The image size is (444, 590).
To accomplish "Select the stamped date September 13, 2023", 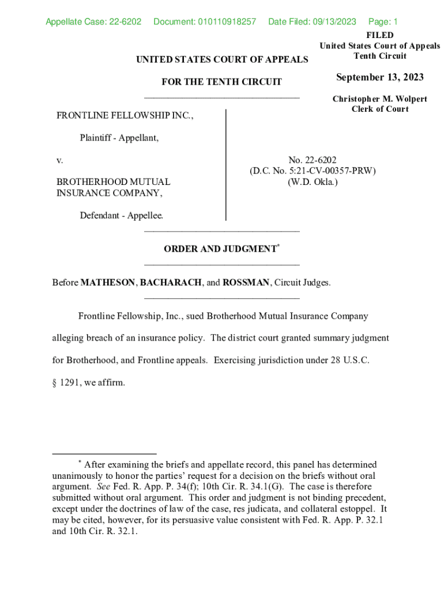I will point(379,78).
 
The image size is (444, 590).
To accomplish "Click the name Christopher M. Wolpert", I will point(379,99).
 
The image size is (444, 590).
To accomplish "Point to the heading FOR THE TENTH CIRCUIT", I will point(221,82).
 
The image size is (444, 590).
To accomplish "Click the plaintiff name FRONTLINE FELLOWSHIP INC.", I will point(125,116).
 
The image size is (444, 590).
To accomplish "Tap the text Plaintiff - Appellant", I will point(119,138).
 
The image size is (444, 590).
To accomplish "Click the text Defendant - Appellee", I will point(121,215).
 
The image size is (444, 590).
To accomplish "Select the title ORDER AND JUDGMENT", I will point(220,249).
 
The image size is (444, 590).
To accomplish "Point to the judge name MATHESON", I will point(108,283).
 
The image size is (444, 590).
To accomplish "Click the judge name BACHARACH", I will point(171,283).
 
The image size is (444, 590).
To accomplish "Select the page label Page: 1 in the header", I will point(383,22).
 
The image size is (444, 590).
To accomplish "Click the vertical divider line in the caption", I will point(225,165).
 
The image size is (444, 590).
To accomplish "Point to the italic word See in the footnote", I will point(104,486).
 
